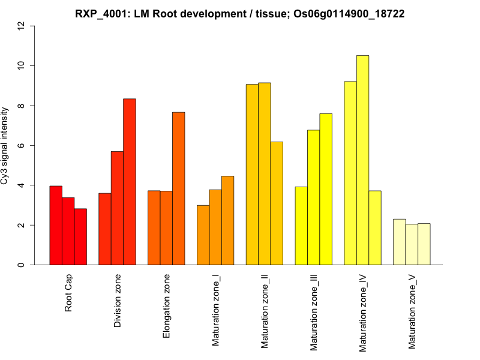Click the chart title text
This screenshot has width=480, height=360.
tap(239, 13)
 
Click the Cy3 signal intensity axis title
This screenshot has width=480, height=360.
tap(5, 145)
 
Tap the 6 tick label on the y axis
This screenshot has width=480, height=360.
tap(22, 145)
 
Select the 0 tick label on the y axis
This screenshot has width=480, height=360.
tap(22, 265)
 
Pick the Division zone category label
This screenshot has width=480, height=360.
tap(118, 301)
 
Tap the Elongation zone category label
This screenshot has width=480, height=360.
tap(167, 305)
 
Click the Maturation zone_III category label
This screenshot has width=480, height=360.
tap(314, 312)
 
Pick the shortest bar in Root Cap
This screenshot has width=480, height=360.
tap(80, 236)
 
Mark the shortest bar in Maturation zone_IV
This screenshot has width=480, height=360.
tap(375, 227)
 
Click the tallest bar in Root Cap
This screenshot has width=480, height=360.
tap(56, 225)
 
